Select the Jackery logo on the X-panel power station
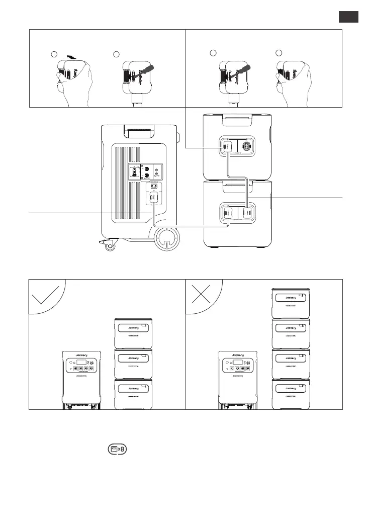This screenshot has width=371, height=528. tap(239, 355)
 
